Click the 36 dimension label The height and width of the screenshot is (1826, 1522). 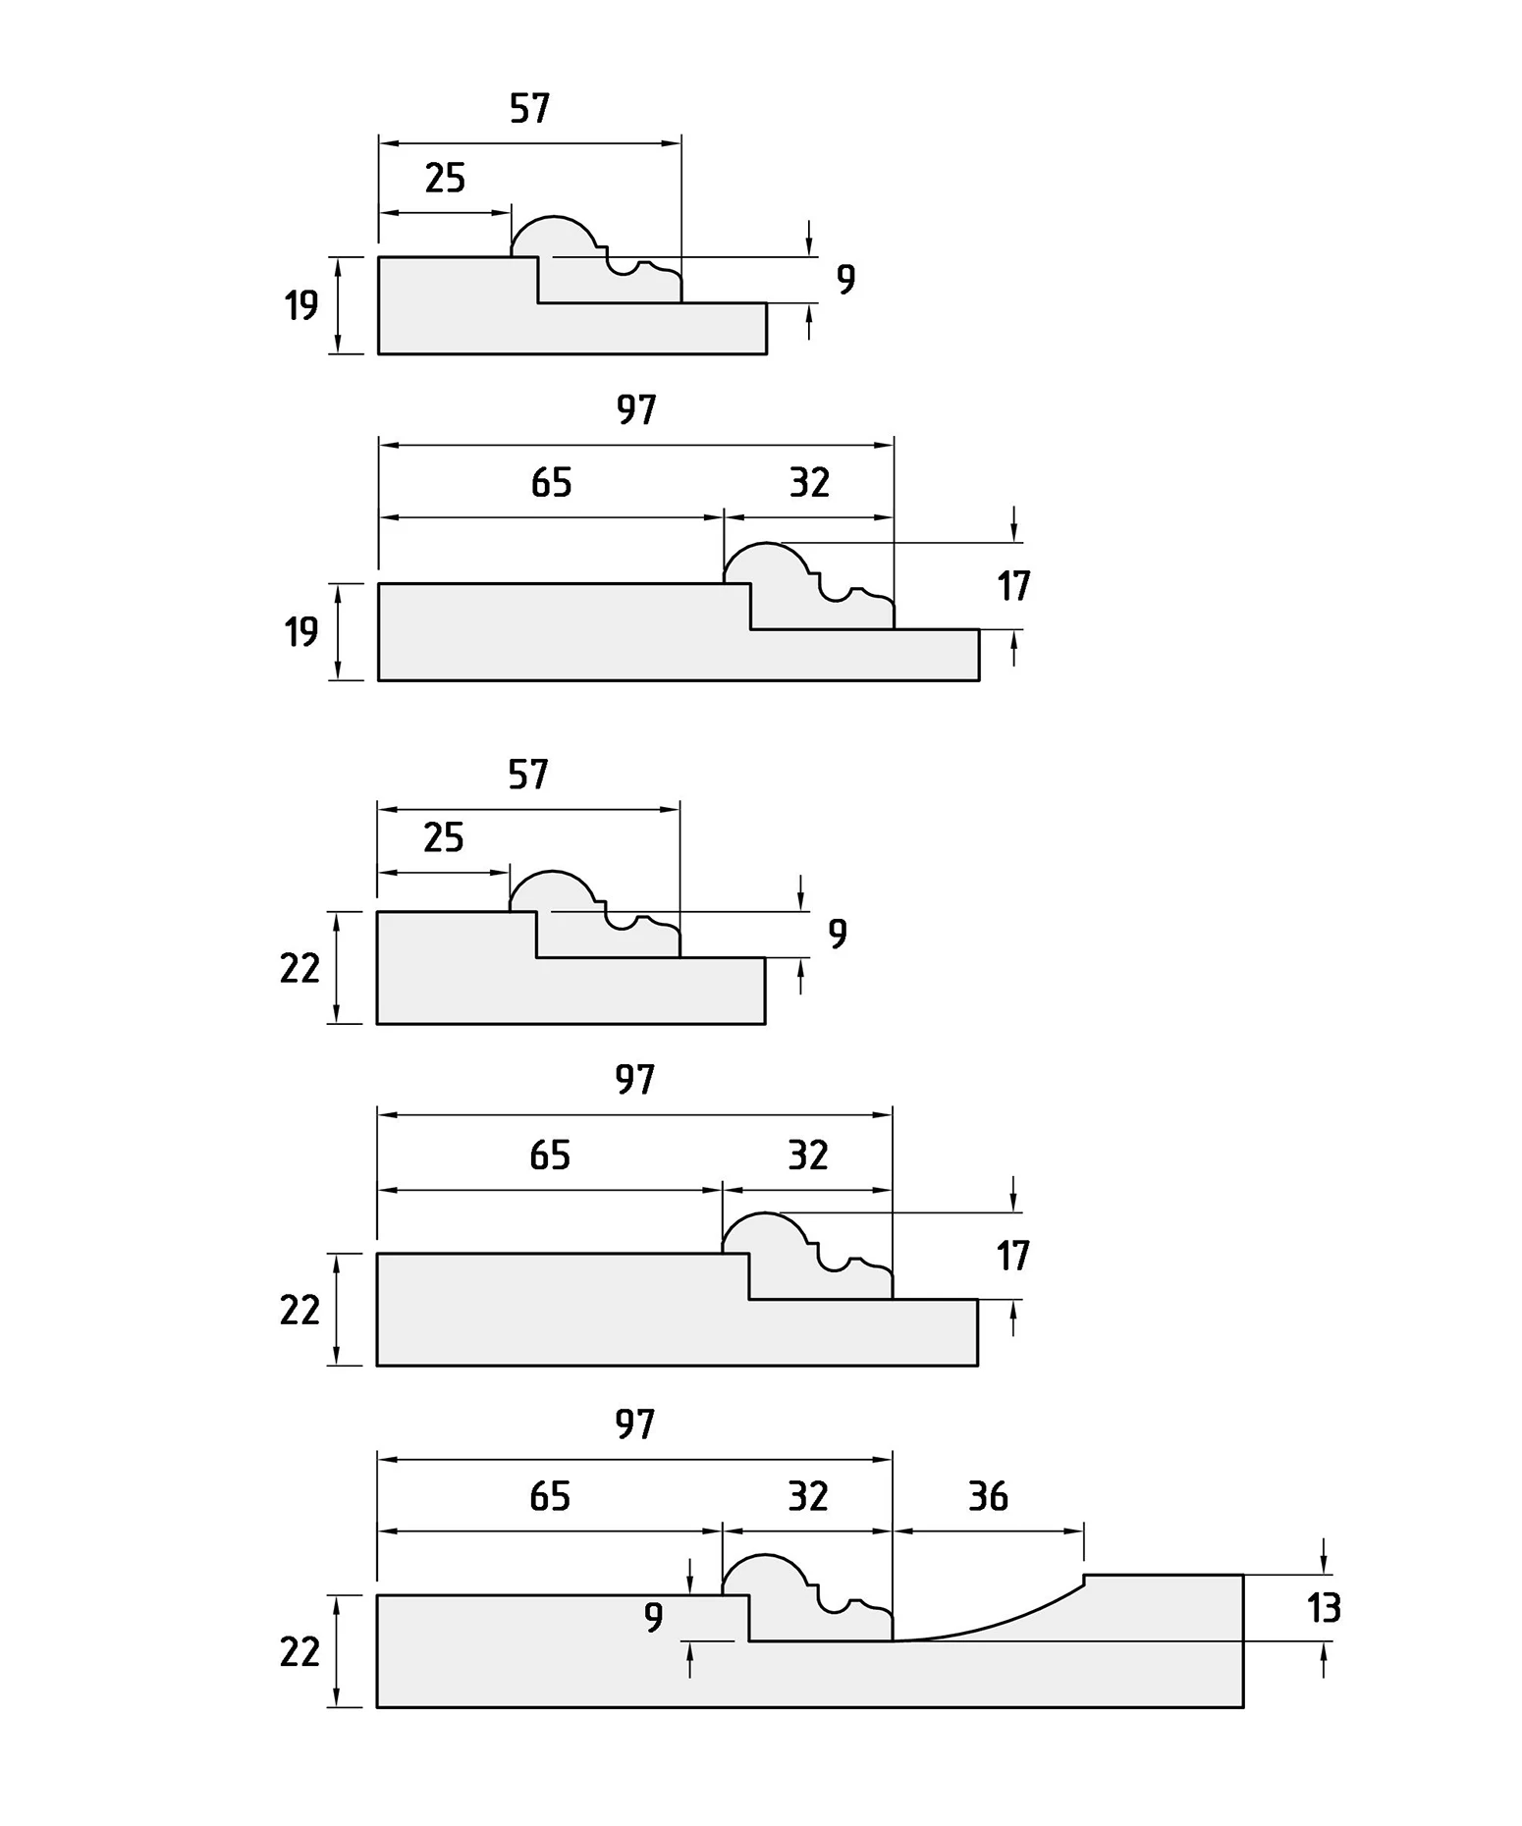coord(988,1496)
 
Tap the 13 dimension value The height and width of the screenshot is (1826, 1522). coord(1324,1608)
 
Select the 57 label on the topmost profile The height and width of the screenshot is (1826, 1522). coord(529,108)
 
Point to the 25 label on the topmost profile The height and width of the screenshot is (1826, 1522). coord(445,178)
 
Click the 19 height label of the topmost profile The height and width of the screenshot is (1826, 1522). coord(301,305)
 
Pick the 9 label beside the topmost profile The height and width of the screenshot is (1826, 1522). coord(845,279)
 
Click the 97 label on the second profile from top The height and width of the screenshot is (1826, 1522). coord(636,409)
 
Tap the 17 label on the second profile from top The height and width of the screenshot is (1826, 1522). coord(1013,586)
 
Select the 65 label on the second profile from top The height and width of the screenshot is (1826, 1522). coord(551,482)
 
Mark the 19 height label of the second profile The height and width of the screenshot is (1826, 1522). coord(301,631)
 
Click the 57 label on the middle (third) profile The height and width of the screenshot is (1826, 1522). coord(528,775)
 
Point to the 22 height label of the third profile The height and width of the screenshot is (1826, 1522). coord(299,968)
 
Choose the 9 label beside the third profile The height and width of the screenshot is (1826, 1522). coord(837,933)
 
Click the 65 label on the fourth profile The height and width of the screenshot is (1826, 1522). coord(550,1155)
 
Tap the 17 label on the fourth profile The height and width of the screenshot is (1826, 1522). coord(1012,1256)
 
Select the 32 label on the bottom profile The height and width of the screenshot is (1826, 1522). coord(808,1496)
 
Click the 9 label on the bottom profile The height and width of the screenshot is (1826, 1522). coord(653,1616)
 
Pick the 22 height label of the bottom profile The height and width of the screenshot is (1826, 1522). coord(299,1652)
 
